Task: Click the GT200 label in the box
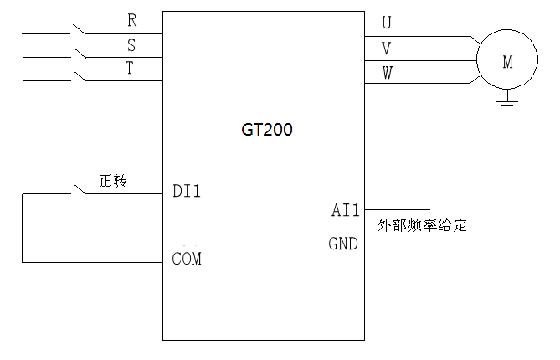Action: [x=265, y=131]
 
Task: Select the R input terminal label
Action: [x=132, y=18]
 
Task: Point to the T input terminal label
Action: [x=130, y=69]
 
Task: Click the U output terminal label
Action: [x=386, y=22]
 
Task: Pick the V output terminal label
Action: [x=386, y=48]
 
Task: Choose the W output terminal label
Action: [x=387, y=73]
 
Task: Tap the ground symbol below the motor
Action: [x=506, y=103]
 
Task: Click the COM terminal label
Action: [x=186, y=259]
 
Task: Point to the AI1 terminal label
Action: [x=345, y=210]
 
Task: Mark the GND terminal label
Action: [x=343, y=244]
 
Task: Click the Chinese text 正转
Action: [x=112, y=181]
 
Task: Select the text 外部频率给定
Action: [x=421, y=225]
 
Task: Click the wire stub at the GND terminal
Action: [x=397, y=244]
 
